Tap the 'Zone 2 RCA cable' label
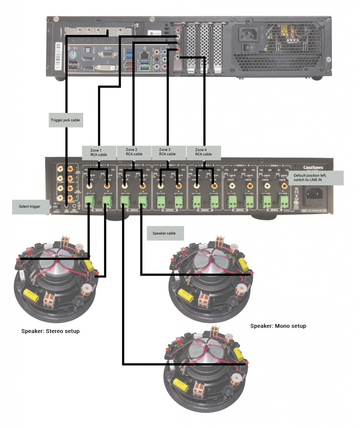134,152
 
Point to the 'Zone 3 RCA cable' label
167,152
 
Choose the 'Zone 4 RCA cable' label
203,152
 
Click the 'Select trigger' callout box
29,206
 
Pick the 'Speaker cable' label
165,233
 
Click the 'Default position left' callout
316,178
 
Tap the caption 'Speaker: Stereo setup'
50,331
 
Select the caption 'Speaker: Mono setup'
278,326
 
